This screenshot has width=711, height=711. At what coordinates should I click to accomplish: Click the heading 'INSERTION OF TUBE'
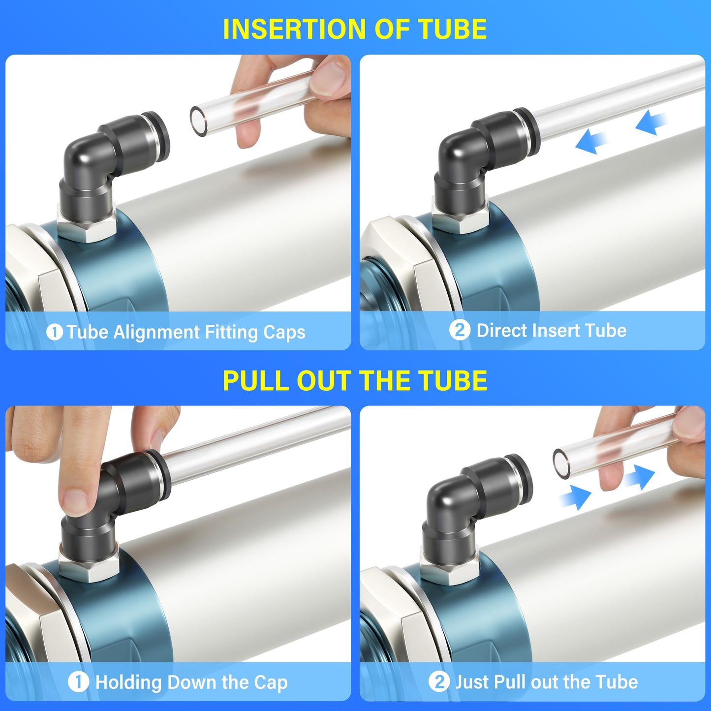point(355,29)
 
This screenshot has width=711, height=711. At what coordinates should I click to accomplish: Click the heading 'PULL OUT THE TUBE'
point(355,380)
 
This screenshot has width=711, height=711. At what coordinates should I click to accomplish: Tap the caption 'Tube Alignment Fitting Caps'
point(186,332)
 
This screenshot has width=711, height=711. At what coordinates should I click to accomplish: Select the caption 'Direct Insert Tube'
point(551,330)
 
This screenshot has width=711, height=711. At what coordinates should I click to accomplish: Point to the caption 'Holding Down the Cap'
point(191,682)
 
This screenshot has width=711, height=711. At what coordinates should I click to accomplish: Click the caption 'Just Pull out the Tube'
point(546,682)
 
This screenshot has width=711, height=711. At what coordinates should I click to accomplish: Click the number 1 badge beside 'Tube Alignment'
point(54,332)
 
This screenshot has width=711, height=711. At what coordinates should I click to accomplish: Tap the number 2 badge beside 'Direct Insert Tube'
point(459,330)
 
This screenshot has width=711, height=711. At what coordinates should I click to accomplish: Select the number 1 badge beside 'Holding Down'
point(78,682)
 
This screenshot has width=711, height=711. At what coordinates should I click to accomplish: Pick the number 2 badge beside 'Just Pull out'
point(438,682)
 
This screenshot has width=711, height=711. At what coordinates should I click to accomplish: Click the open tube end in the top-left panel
point(199,121)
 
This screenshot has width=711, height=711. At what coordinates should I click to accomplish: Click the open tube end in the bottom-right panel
point(561,463)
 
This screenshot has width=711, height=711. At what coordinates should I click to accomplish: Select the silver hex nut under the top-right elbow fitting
point(460,216)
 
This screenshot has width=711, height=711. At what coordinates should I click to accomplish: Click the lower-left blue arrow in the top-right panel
point(590,142)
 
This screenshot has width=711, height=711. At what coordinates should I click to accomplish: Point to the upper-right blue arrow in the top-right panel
point(651,122)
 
